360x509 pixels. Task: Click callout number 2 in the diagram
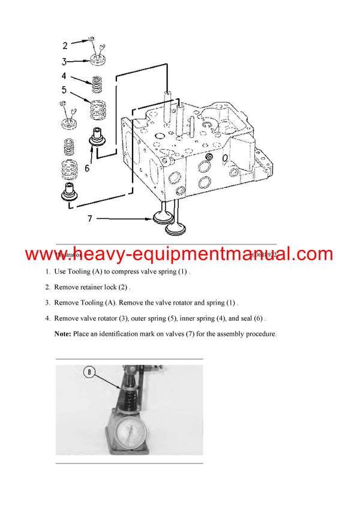coord(65,45)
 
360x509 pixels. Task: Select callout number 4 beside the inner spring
coord(64,76)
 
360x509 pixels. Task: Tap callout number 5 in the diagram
coord(64,91)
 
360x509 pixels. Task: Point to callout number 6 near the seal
coord(87,168)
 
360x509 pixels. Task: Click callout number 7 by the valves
coord(90,219)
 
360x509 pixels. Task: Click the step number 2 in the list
coord(47,287)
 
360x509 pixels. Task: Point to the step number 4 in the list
coord(47,318)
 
